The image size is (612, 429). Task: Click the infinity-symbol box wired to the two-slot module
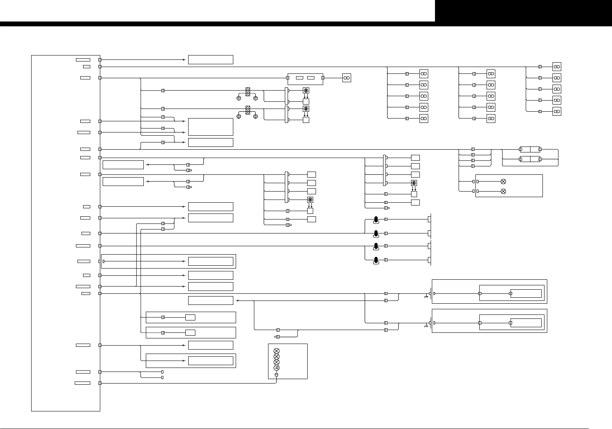pyautogui.click(x=347, y=78)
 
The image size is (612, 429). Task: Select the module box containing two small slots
pyautogui.click(x=305, y=79)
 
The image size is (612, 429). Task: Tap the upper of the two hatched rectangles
pyautogui.click(x=248, y=92)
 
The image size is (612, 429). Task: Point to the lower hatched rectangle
pyautogui.click(x=248, y=110)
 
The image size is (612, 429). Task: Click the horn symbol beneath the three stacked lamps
pyautogui.click(x=276, y=368)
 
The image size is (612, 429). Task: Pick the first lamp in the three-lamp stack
pyautogui.click(x=276, y=351)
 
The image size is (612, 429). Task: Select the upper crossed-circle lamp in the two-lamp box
pyautogui.click(x=503, y=182)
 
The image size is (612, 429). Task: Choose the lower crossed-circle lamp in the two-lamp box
pyautogui.click(x=503, y=192)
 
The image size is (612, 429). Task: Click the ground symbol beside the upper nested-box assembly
pyautogui.click(x=426, y=297)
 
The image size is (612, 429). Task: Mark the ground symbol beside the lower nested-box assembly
pyautogui.click(x=426, y=326)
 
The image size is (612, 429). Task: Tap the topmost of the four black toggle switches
pyautogui.click(x=376, y=219)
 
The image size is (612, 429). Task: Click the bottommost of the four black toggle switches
pyautogui.click(x=376, y=261)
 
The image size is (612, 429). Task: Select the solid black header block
pyautogui.click(x=523, y=11)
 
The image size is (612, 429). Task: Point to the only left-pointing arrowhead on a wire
pyautogui.click(x=184, y=60)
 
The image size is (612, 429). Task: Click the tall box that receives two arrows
pyautogui.click(x=211, y=127)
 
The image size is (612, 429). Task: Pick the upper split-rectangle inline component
pyautogui.click(x=530, y=149)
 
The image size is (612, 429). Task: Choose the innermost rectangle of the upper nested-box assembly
pyautogui.click(x=526, y=294)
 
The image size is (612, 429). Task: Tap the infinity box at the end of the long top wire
pyautogui.click(x=556, y=67)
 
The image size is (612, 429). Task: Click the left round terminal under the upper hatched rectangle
pyautogui.click(x=239, y=98)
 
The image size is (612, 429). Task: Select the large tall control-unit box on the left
pyautogui.click(x=66, y=233)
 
